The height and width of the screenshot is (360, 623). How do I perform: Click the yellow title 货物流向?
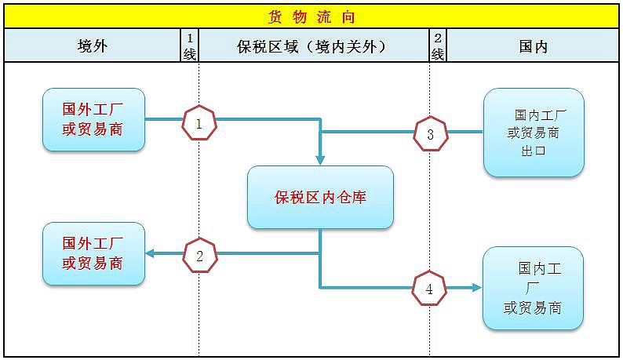pyautogui.click(x=311, y=17)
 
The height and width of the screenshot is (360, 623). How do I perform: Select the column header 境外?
pyautogui.click(x=93, y=46)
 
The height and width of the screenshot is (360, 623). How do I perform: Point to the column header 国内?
pyautogui.click(x=534, y=46)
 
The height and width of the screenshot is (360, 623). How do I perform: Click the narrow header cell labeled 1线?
pyautogui.click(x=190, y=45)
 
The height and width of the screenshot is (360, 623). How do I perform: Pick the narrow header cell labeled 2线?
pyautogui.click(x=438, y=45)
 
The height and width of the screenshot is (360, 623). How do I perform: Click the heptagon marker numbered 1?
pyautogui.click(x=199, y=123)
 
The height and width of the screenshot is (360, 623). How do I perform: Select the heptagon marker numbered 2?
pyautogui.click(x=200, y=255)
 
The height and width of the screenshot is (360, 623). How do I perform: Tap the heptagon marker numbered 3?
pyautogui.click(x=430, y=133)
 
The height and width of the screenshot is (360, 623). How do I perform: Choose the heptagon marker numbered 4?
pyautogui.click(x=429, y=288)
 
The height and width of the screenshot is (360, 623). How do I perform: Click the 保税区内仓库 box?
pyautogui.click(x=320, y=197)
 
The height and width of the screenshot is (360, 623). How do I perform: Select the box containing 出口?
pyautogui.click(x=534, y=133)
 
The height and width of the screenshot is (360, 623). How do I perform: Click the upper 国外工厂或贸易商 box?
pyautogui.click(x=94, y=119)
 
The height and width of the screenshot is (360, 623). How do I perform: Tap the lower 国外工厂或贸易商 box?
pyautogui.click(x=94, y=253)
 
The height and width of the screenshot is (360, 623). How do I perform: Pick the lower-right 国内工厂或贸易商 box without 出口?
pyautogui.click(x=533, y=288)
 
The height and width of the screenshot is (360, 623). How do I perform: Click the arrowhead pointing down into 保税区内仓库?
pyautogui.click(x=320, y=160)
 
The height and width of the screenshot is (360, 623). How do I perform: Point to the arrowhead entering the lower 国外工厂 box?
pyautogui.click(x=150, y=253)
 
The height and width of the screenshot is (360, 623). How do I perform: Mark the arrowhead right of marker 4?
pyautogui.click(x=477, y=288)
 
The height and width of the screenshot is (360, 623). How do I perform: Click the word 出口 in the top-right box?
pyautogui.click(x=534, y=151)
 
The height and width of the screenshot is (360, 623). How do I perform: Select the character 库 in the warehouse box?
pyautogui.click(x=359, y=197)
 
